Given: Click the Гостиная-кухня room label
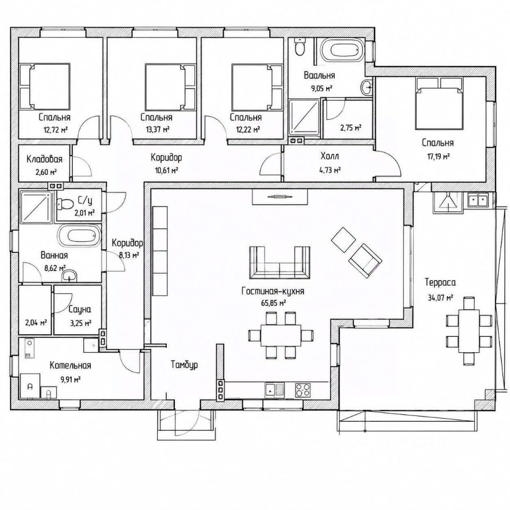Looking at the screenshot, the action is pos(273,291).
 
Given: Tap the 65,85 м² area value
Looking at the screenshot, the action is pos(274,303).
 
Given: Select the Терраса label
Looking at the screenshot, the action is pos(440,282).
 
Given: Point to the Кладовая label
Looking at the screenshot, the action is pos(44,159).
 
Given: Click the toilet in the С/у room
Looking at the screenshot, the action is pos(64,204).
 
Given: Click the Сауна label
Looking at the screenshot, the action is pos(80,310).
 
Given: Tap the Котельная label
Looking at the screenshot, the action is pos(70,365).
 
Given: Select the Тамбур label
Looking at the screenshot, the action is pos(184,365).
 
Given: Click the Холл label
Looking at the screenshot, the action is pos(330,156).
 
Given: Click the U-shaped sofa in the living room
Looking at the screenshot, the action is pos(279,262).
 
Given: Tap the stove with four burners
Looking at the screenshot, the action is pos(302,389).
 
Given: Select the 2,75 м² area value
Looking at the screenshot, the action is pos(351,128).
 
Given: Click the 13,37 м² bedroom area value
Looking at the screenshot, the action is pos(158,130).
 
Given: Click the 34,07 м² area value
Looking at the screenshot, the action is pos(440,297).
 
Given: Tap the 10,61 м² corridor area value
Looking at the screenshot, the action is pos(166,171).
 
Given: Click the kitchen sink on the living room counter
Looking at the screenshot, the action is pos(275,389).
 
